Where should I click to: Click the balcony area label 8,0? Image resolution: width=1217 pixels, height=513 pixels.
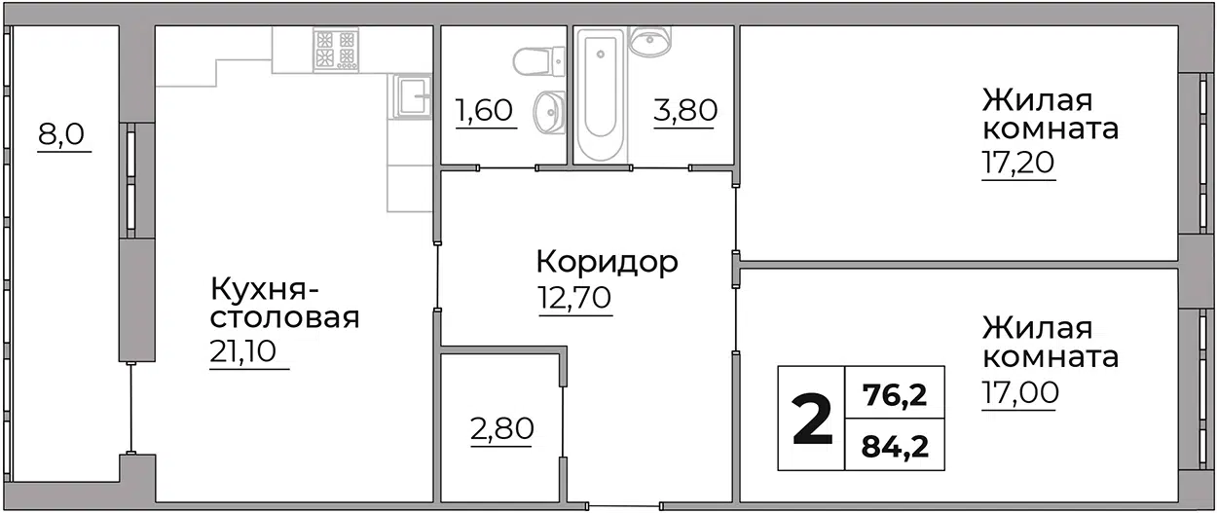[x=61, y=134]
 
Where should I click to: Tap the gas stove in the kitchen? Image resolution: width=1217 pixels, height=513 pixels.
[x=336, y=50]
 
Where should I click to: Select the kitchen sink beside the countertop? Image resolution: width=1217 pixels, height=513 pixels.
[x=413, y=96]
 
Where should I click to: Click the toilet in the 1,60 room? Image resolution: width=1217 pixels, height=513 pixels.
[x=538, y=61]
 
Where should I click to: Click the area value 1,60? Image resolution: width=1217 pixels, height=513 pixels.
[x=485, y=110]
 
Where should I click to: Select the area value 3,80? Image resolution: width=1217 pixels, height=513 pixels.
[x=685, y=110]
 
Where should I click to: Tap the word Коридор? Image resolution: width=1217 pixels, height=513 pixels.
[x=607, y=262]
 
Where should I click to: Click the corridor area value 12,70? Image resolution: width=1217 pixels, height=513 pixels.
[x=574, y=297]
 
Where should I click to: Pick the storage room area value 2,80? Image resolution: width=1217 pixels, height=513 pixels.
[x=502, y=428]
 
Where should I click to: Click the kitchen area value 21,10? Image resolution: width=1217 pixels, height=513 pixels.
[x=242, y=351]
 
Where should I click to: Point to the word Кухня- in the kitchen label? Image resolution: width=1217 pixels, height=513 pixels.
[x=264, y=290]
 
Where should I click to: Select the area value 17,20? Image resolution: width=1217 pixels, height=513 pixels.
[x=1018, y=162]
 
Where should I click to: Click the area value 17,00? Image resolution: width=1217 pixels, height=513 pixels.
[x=1019, y=392]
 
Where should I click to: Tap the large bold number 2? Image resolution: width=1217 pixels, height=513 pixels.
[x=812, y=420]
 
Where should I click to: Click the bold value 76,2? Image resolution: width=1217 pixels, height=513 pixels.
[x=895, y=394]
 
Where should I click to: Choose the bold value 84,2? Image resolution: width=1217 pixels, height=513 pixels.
[x=895, y=447]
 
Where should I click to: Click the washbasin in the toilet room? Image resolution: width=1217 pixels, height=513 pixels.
[x=549, y=113]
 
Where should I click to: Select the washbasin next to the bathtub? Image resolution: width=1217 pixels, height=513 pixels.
[x=649, y=40]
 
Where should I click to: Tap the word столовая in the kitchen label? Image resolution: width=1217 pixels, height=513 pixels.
[x=284, y=319]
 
